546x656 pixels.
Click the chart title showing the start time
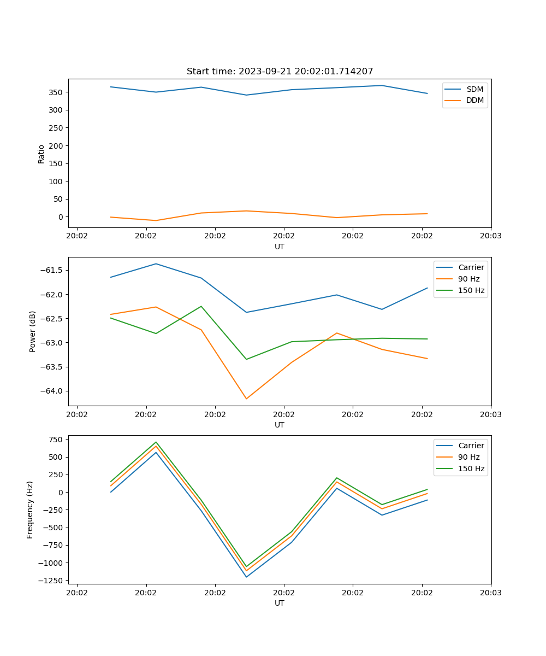pyautogui.click(x=280, y=72)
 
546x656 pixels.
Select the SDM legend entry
pyautogui.click(x=474, y=89)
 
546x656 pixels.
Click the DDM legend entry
pyautogui.click(x=474, y=100)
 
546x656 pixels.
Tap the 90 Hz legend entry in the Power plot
pyautogui.click(x=468, y=279)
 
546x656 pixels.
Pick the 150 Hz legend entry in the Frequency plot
pyautogui.click(x=471, y=468)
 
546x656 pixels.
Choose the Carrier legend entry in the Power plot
pyautogui.click(x=471, y=267)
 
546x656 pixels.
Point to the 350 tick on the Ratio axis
pyautogui.click(x=55, y=92)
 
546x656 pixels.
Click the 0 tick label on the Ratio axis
pyautogui.click(x=61, y=217)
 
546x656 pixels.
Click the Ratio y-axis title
pyautogui.click(x=41, y=154)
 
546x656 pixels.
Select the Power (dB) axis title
pyautogui.click(x=33, y=331)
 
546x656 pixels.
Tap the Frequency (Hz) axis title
pyautogui.click(x=30, y=509)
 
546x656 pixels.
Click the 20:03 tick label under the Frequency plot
pyautogui.click(x=490, y=593)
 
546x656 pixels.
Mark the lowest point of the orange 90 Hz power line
pyautogui.click(x=246, y=399)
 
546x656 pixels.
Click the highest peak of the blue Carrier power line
pyautogui.click(x=156, y=264)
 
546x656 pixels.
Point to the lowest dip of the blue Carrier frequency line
pyautogui.click(x=246, y=577)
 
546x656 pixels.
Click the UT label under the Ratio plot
pyautogui.click(x=280, y=247)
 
